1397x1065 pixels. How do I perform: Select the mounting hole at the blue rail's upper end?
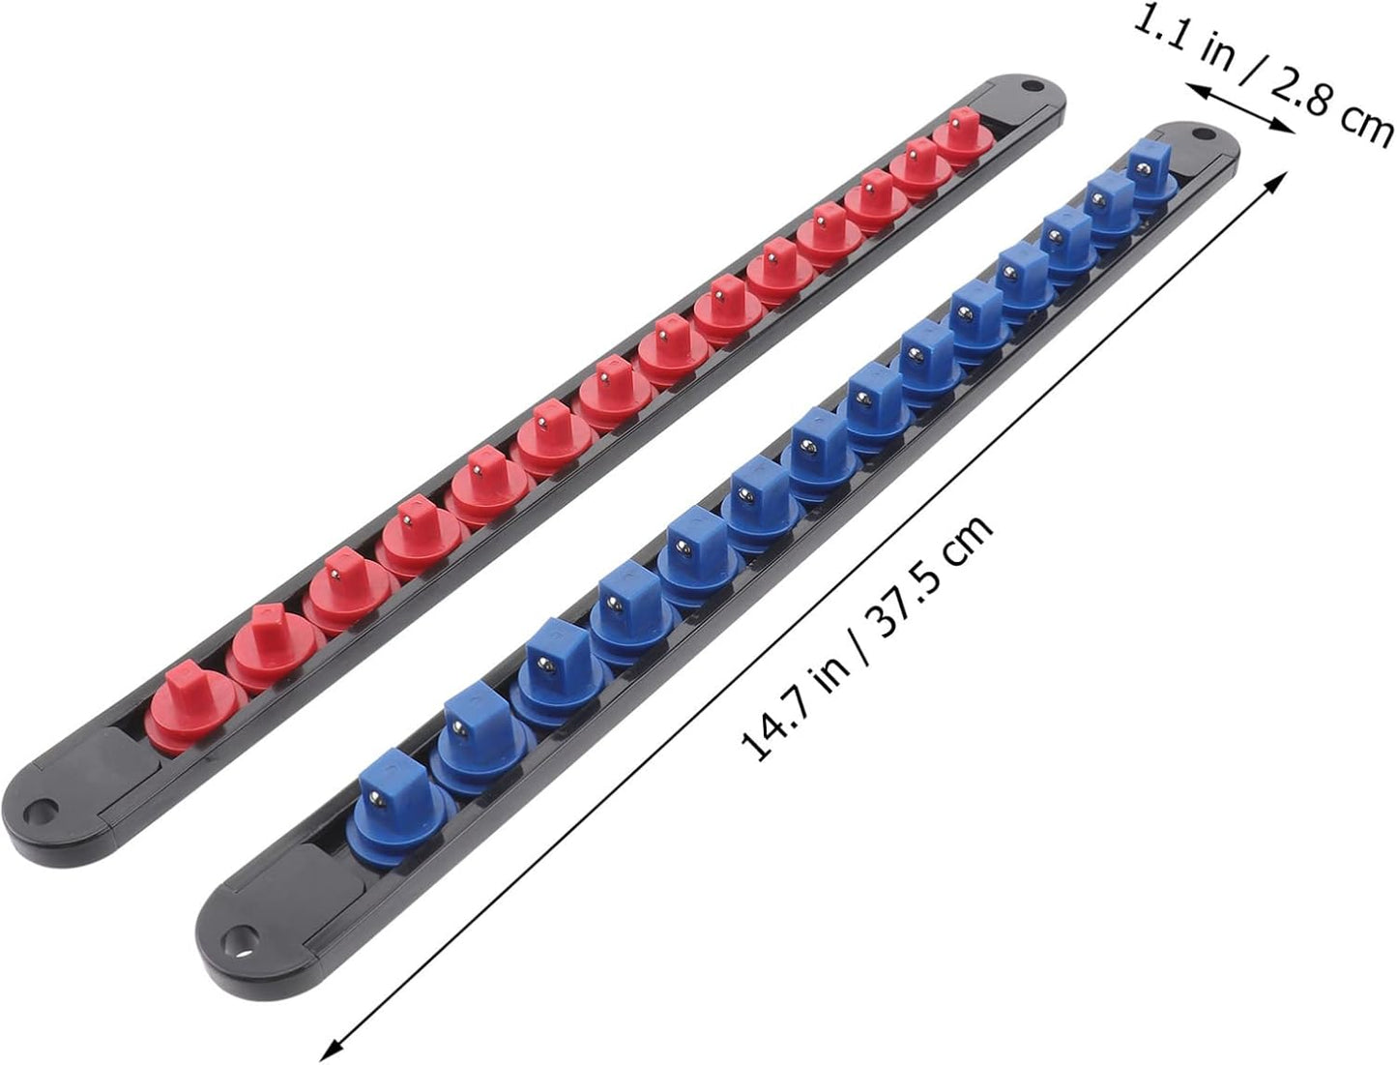(1202, 133)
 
